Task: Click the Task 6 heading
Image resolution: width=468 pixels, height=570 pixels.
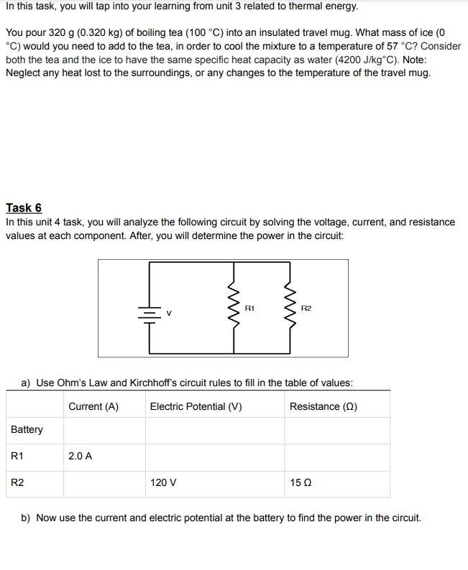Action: [x=24, y=207]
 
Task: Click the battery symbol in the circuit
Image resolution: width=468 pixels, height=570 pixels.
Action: [x=149, y=313]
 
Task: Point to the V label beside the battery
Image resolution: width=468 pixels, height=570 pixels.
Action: [x=170, y=313]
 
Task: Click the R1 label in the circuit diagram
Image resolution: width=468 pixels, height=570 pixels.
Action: [x=249, y=308]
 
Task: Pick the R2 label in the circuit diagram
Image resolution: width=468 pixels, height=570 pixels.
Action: [x=306, y=308]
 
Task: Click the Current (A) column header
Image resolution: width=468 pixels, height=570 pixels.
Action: [x=93, y=406]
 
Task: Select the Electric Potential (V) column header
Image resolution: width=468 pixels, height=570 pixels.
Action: [x=196, y=406]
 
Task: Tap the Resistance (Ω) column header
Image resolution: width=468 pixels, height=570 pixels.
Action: [x=324, y=406]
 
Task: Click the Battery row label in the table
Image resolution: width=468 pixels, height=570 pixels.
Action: [x=27, y=429]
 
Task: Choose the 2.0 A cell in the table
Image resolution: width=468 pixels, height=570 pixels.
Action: [x=80, y=456]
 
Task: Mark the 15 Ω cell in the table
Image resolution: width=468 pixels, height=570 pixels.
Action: [x=300, y=483]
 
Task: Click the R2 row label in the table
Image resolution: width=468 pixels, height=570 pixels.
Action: [x=17, y=483]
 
